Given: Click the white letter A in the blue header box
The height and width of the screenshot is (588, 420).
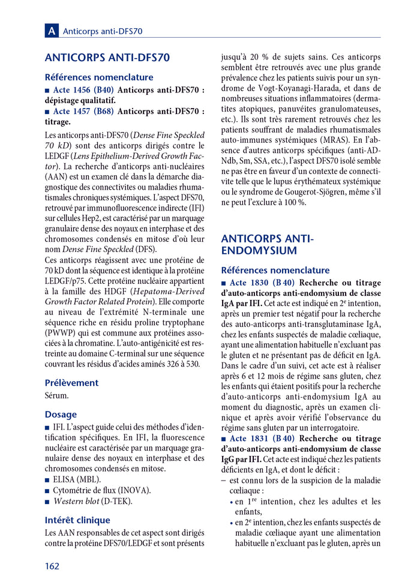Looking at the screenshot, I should pos(52,31).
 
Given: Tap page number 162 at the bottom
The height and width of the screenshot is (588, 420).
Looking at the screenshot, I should pos(53,566).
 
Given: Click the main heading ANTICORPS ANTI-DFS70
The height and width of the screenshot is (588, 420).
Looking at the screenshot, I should pos(107,58).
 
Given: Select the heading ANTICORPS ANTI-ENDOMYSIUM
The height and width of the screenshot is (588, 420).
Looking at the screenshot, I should pos(267,244).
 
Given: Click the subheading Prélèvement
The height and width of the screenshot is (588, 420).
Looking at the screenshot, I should pos(71,382).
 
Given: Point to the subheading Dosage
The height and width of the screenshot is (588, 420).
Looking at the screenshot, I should pos(61,414).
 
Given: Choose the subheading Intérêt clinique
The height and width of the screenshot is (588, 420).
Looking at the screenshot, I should pos(77,520).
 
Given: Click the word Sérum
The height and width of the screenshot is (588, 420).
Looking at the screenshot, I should pos(57,395).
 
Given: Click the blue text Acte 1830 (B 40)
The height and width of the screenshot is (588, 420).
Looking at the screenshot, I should pos(262,283).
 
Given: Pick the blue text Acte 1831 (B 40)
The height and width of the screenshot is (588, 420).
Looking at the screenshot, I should pos(262,439).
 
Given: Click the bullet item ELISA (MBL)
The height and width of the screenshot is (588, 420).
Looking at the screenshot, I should pos(77,479).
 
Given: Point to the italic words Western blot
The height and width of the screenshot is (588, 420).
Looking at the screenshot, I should pos(75,501).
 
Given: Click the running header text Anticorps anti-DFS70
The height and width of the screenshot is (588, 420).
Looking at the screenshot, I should pos(103,31).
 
